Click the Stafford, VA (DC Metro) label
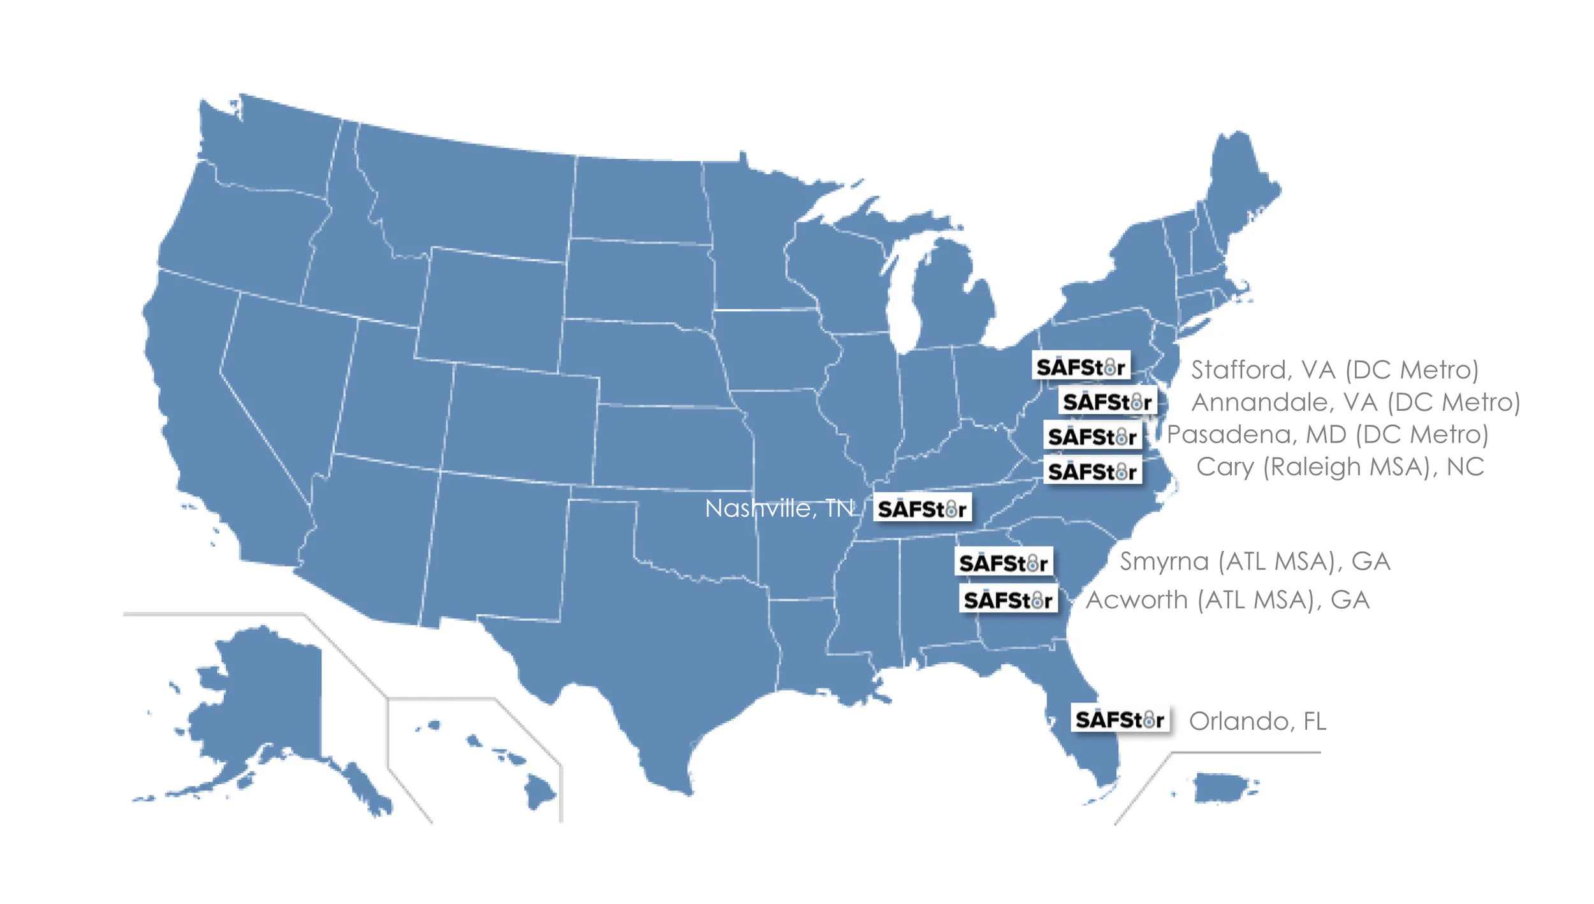click(1334, 370)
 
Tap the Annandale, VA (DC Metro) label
click(1356, 403)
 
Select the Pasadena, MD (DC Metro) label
click(1327, 435)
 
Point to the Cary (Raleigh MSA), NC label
click(1340, 467)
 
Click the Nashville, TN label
click(779, 508)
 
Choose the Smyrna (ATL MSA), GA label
click(1255, 561)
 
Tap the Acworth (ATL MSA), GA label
click(1227, 600)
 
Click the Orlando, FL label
click(1257, 722)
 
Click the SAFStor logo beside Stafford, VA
click(1081, 366)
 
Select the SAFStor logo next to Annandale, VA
click(1108, 401)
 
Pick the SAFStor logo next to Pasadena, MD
click(1092, 436)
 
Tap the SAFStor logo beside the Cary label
click(1092, 471)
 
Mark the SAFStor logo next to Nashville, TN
click(922, 508)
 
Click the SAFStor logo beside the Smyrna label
click(1004, 563)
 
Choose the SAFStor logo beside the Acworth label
click(1008, 600)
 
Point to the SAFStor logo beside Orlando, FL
click(1120, 720)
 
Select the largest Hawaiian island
click(539, 792)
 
